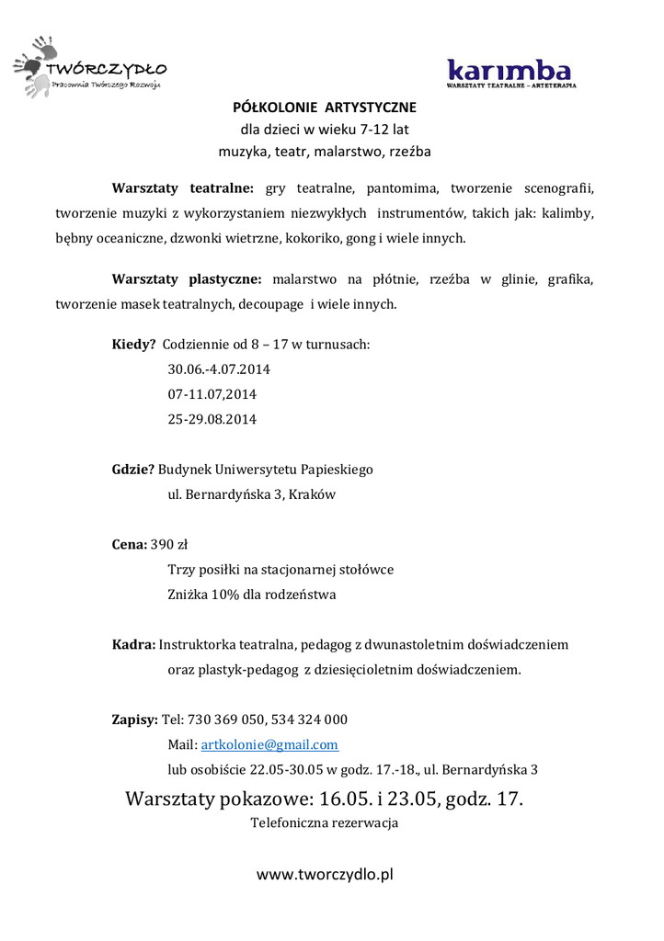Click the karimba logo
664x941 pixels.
(509, 71)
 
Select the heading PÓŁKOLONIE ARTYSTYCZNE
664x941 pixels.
(325, 108)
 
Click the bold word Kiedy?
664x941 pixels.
(133, 345)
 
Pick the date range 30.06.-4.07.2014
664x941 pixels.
(219, 369)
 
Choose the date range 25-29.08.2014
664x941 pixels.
(212, 419)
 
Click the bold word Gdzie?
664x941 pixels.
(132, 469)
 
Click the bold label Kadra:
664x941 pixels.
(133, 644)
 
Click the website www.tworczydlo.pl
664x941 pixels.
(325, 875)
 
